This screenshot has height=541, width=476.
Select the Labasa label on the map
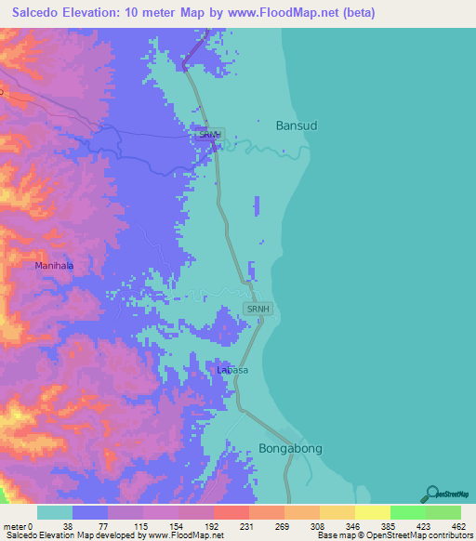232,370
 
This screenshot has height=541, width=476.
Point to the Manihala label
54,266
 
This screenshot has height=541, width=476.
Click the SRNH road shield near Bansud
209,135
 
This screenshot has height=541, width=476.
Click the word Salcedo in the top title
35,13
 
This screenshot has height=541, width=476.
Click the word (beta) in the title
354,13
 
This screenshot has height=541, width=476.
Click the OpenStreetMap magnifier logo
431,495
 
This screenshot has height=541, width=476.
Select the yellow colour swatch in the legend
372,512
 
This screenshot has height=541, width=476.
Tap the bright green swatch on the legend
407,512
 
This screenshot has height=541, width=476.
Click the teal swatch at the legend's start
55,512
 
